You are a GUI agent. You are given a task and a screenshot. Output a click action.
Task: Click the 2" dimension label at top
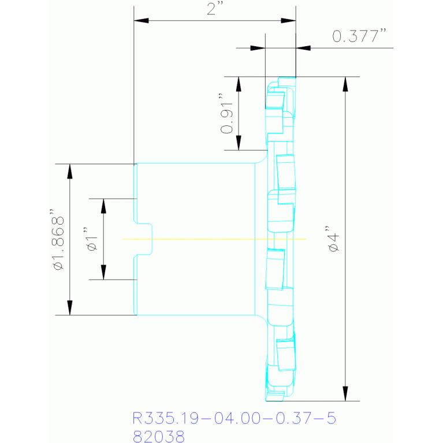tap(215, 9)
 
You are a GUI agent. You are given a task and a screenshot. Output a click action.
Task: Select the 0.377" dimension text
tap(359, 36)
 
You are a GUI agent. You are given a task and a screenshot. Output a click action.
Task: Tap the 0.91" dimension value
tap(227, 113)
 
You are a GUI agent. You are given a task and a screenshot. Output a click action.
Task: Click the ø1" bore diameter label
tap(92, 239)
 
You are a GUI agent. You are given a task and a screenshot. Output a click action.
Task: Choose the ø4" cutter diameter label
tap(333, 239)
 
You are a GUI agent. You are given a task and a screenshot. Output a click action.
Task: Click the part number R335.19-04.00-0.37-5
tap(234, 418)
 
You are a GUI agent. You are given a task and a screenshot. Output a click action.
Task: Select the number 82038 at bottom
tap(158, 436)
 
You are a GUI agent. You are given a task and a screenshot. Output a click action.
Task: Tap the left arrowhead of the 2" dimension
tap(142, 21)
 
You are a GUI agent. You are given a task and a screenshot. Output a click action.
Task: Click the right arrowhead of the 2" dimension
tap(288, 21)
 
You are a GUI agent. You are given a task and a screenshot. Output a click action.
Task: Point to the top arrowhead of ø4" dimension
tap(345, 84)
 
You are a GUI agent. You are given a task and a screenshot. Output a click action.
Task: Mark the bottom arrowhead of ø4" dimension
tap(345, 393)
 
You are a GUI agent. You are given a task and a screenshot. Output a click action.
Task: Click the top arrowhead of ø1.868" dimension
tap(70, 171)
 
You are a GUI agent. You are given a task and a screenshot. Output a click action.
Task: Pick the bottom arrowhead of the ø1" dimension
tap(103, 273)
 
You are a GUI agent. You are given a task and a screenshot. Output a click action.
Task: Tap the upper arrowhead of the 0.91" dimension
tap(239, 84)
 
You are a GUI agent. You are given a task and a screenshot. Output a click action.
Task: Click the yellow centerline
tap(214, 239)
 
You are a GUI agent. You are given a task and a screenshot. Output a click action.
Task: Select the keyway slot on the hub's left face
tap(144, 239)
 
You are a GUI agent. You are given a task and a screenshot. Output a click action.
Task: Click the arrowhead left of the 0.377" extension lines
tap(258, 48)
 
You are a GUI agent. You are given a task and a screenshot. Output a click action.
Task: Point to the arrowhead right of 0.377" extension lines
tap(303, 48)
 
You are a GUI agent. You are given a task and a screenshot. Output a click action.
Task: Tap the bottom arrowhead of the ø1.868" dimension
tap(70, 308)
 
